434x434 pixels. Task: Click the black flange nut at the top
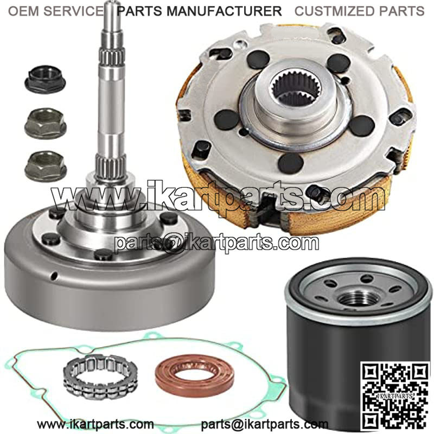click(45, 79)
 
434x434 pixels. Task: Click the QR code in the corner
click(396, 396)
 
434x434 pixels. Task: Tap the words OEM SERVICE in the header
click(56, 11)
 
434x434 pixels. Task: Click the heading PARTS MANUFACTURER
click(199, 11)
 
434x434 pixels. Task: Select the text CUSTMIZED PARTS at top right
click(359, 11)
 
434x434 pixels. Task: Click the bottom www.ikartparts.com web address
click(95, 424)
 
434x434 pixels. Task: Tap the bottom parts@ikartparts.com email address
click(264, 424)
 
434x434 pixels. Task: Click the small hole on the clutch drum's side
click(54, 276)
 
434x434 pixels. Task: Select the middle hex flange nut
click(46, 123)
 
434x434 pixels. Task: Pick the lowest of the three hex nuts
click(46, 166)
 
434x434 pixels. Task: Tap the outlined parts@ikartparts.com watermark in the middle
click(216, 243)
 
